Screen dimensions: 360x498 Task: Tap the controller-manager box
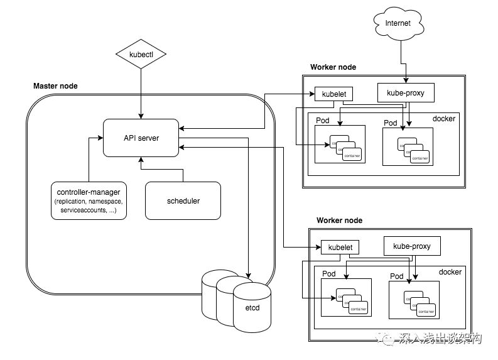click(x=89, y=200)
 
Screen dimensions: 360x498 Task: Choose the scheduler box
click(x=183, y=200)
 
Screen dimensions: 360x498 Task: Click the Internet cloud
click(x=397, y=25)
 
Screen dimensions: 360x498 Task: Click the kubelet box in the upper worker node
click(x=333, y=94)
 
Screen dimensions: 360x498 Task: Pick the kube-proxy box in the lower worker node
click(x=412, y=246)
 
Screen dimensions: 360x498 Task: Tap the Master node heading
click(x=55, y=85)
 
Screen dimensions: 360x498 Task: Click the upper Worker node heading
click(x=333, y=67)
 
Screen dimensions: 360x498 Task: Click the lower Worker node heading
click(x=339, y=221)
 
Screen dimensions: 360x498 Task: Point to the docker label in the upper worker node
click(x=444, y=119)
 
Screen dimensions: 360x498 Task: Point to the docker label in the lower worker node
click(x=450, y=272)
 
